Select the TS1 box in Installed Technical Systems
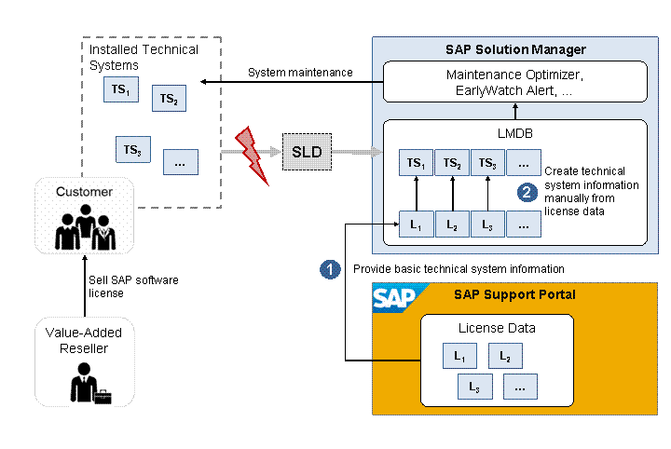pos(119,89)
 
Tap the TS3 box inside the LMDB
pos(486,163)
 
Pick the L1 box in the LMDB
pos(416,224)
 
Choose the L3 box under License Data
pos(474,385)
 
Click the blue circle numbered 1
pos(330,268)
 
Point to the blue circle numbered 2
pos(527,192)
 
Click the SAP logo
pos(394,297)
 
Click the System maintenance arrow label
pos(300,73)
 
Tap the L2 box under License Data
pos(505,355)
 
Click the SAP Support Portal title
pos(514,295)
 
